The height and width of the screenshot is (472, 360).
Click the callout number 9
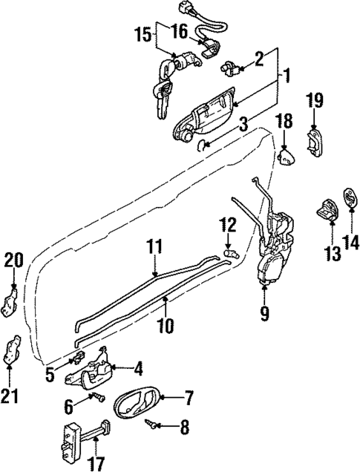point(265,314)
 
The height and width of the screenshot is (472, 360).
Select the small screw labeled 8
point(154,425)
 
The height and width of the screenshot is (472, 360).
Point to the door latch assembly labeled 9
point(276,249)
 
